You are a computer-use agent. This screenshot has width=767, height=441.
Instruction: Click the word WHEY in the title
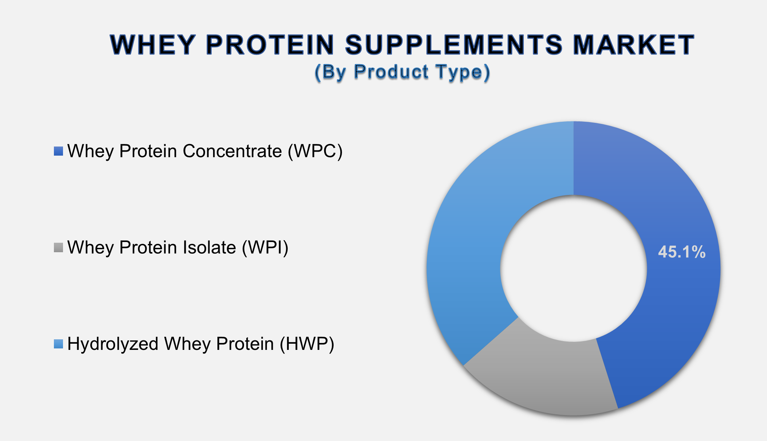[x=153, y=45]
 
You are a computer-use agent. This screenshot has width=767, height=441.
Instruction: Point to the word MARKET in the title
[x=634, y=45]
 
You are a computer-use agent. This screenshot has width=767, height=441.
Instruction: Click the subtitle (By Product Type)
[x=402, y=72]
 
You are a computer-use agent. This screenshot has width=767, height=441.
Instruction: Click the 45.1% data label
[x=682, y=252]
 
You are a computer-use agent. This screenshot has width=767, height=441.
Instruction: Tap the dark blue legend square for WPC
[x=58, y=151]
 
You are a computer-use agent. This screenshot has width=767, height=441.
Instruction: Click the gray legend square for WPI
[x=58, y=247]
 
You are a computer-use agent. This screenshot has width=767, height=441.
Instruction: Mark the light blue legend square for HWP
[x=58, y=344]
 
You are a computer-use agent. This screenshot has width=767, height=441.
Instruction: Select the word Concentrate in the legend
[x=232, y=151]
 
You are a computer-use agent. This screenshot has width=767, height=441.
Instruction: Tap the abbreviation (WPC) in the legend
[x=315, y=151]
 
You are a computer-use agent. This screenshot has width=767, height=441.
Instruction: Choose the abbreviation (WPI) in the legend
[x=265, y=247]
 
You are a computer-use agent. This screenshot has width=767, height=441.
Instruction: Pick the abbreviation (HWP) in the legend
[x=307, y=344]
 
